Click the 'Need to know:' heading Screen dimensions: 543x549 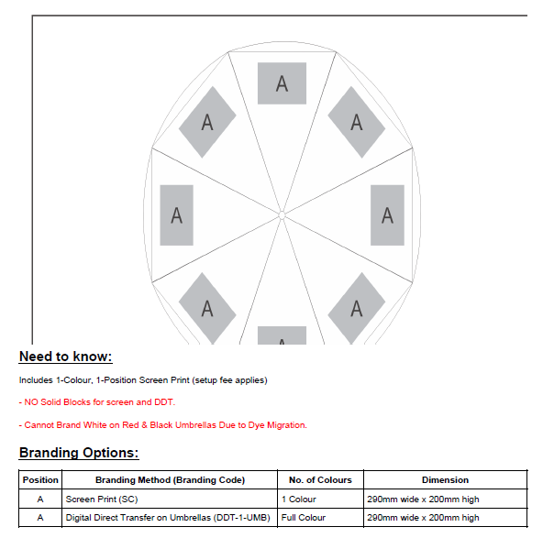tap(65, 357)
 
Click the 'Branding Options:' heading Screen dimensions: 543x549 tap(79, 453)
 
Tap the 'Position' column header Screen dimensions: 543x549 tap(40, 479)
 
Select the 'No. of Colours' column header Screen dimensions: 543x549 tap(320, 479)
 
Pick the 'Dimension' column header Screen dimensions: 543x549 tap(445, 479)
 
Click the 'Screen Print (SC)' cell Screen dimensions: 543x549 tap(102, 499)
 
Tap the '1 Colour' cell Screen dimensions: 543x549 tap(298, 499)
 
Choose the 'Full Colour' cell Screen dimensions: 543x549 tap(304, 518)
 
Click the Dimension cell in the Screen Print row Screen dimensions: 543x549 tap(423, 499)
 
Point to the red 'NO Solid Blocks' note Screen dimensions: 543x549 tap(97, 402)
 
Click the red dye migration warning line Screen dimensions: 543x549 tap(163, 425)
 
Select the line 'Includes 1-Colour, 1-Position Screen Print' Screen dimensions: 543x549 tap(143, 380)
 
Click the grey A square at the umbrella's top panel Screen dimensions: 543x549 tap(282, 83)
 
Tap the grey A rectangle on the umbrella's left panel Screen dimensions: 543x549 tap(176, 215)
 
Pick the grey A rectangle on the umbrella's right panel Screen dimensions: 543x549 tap(387, 215)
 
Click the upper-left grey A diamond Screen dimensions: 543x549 tap(207, 122)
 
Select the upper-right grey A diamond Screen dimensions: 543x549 tap(357, 122)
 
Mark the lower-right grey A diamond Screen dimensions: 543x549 tap(357, 309)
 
